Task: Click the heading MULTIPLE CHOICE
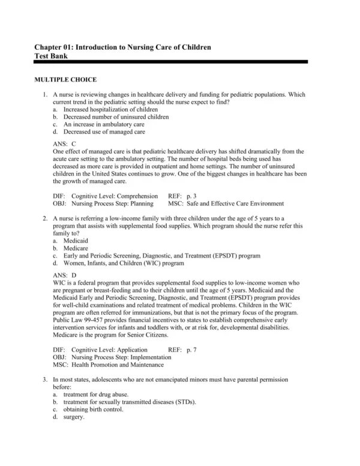(65, 79)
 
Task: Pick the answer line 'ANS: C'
(65, 144)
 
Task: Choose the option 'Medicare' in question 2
(75, 247)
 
